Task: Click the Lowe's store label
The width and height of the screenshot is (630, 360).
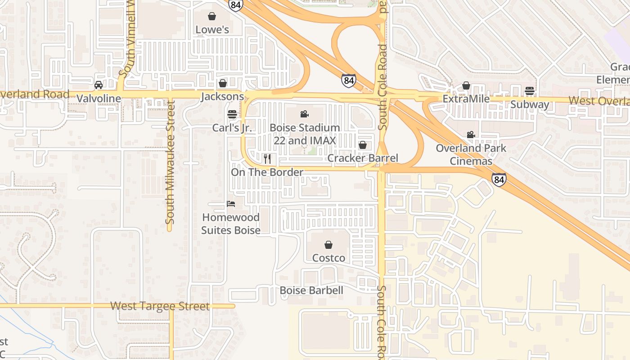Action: point(212,30)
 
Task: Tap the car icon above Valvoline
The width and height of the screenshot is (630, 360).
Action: point(99,85)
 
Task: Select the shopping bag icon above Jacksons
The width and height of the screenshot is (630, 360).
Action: point(222,83)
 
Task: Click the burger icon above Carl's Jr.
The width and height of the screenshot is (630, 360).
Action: point(232,114)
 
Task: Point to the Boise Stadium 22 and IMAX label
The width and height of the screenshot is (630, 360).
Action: point(305,134)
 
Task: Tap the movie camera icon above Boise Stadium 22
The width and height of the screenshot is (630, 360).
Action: point(305,114)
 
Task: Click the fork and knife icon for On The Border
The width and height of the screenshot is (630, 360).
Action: point(267,158)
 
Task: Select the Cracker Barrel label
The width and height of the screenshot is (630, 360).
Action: point(362,158)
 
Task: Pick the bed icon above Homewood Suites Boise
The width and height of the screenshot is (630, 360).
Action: point(231,204)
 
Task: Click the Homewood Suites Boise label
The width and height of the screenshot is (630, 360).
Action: point(231,224)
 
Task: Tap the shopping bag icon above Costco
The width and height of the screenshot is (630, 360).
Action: point(328,245)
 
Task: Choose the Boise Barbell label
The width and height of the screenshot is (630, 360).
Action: point(311,290)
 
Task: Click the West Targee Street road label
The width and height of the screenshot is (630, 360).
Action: point(160,306)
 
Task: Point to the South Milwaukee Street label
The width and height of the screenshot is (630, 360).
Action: point(170,162)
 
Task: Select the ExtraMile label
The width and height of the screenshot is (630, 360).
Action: point(466,99)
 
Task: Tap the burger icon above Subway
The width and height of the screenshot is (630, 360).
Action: point(530,91)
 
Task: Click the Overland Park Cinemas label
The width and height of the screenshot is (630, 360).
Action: point(471,154)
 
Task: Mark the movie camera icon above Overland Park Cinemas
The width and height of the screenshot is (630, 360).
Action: point(471,135)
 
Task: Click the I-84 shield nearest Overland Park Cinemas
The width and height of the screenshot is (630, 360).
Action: point(499,180)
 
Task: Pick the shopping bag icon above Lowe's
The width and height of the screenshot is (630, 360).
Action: point(212,17)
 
